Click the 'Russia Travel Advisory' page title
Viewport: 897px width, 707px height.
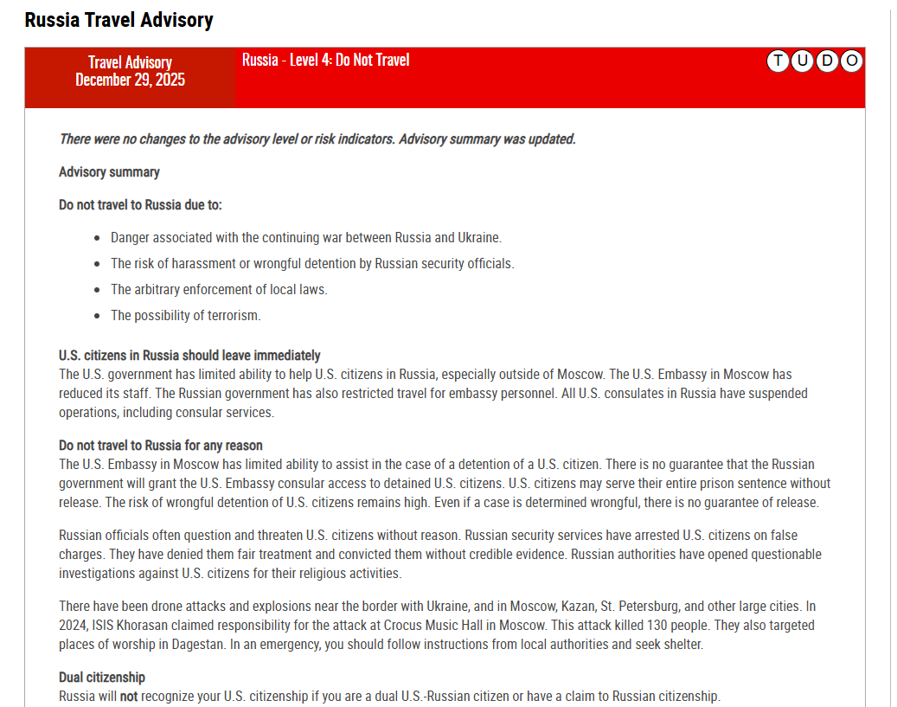click(x=119, y=20)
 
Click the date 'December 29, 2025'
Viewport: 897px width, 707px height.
click(x=130, y=80)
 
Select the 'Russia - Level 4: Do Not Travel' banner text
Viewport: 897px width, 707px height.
click(x=325, y=60)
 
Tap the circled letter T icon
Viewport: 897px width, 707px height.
click(x=778, y=61)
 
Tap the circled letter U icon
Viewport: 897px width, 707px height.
click(x=803, y=61)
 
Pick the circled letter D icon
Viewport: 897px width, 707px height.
click(x=827, y=61)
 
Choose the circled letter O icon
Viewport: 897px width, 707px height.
click(x=851, y=61)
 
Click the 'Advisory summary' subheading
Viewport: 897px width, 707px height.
click(x=109, y=172)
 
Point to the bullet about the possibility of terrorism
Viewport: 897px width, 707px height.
click(x=185, y=315)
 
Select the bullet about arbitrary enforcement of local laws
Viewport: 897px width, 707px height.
click(x=219, y=289)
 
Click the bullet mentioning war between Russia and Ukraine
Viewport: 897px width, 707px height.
click(x=305, y=237)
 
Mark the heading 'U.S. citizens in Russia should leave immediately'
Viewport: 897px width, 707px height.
click(x=189, y=356)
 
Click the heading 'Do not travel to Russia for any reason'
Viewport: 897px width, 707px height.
click(x=160, y=446)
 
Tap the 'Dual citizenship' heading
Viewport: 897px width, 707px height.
click(x=102, y=678)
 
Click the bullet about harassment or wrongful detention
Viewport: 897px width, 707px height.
click(x=311, y=263)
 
